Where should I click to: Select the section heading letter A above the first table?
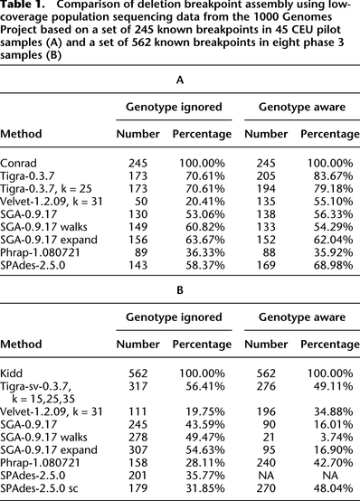click(179, 80)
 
